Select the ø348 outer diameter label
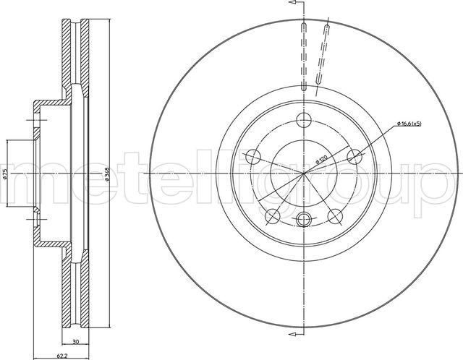click(x=106, y=175)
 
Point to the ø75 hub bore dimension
click(x=5, y=174)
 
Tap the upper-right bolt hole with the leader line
click(x=354, y=156)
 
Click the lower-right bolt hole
click(x=335, y=215)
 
